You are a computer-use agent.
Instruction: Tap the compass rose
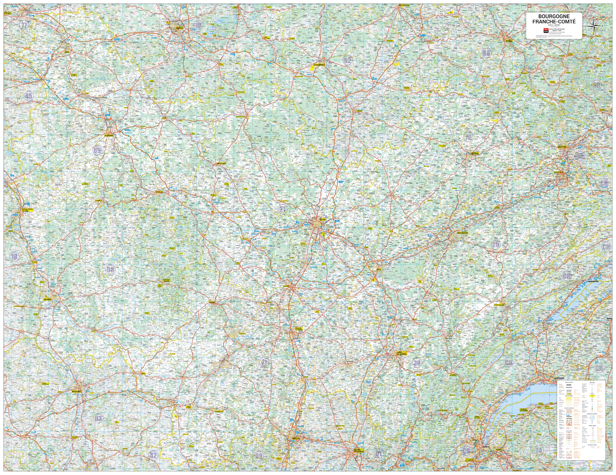click(x=594, y=26)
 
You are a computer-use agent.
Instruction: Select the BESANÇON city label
click(x=462, y=233)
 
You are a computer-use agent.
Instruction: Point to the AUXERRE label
click(x=109, y=135)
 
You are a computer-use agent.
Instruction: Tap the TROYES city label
click(x=179, y=28)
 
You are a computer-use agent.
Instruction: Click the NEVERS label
click(x=48, y=299)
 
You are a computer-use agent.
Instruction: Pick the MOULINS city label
click(x=76, y=392)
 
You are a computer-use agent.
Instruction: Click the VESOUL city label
click(x=475, y=154)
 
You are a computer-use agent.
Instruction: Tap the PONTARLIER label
click(x=499, y=305)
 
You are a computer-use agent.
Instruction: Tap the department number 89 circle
click(x=97, y=150)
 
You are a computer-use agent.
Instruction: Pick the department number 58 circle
click(x=110, y=269)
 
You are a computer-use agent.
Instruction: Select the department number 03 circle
click(x=98, y=418)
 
